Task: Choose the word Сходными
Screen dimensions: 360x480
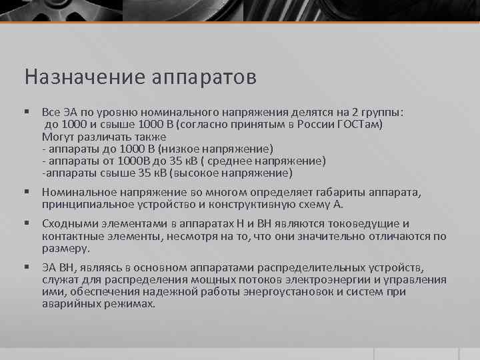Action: tap(65, 225)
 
